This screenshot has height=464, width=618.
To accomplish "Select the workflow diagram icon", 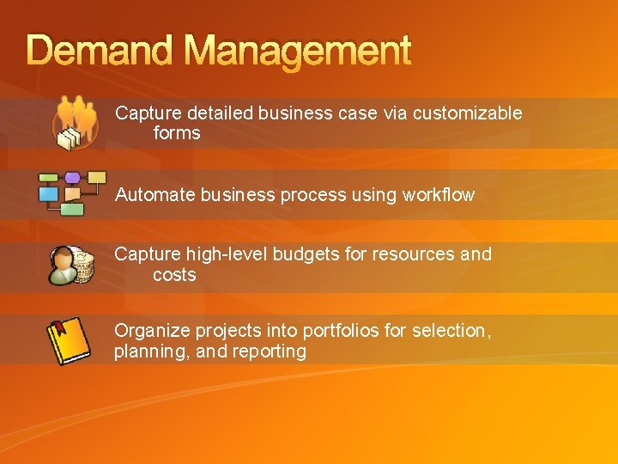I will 71,191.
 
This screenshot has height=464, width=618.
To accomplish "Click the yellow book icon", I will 68,340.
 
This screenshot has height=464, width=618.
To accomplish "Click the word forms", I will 176,133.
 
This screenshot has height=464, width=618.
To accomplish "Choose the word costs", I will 174,275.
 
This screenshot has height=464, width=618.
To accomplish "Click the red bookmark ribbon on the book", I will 59,327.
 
